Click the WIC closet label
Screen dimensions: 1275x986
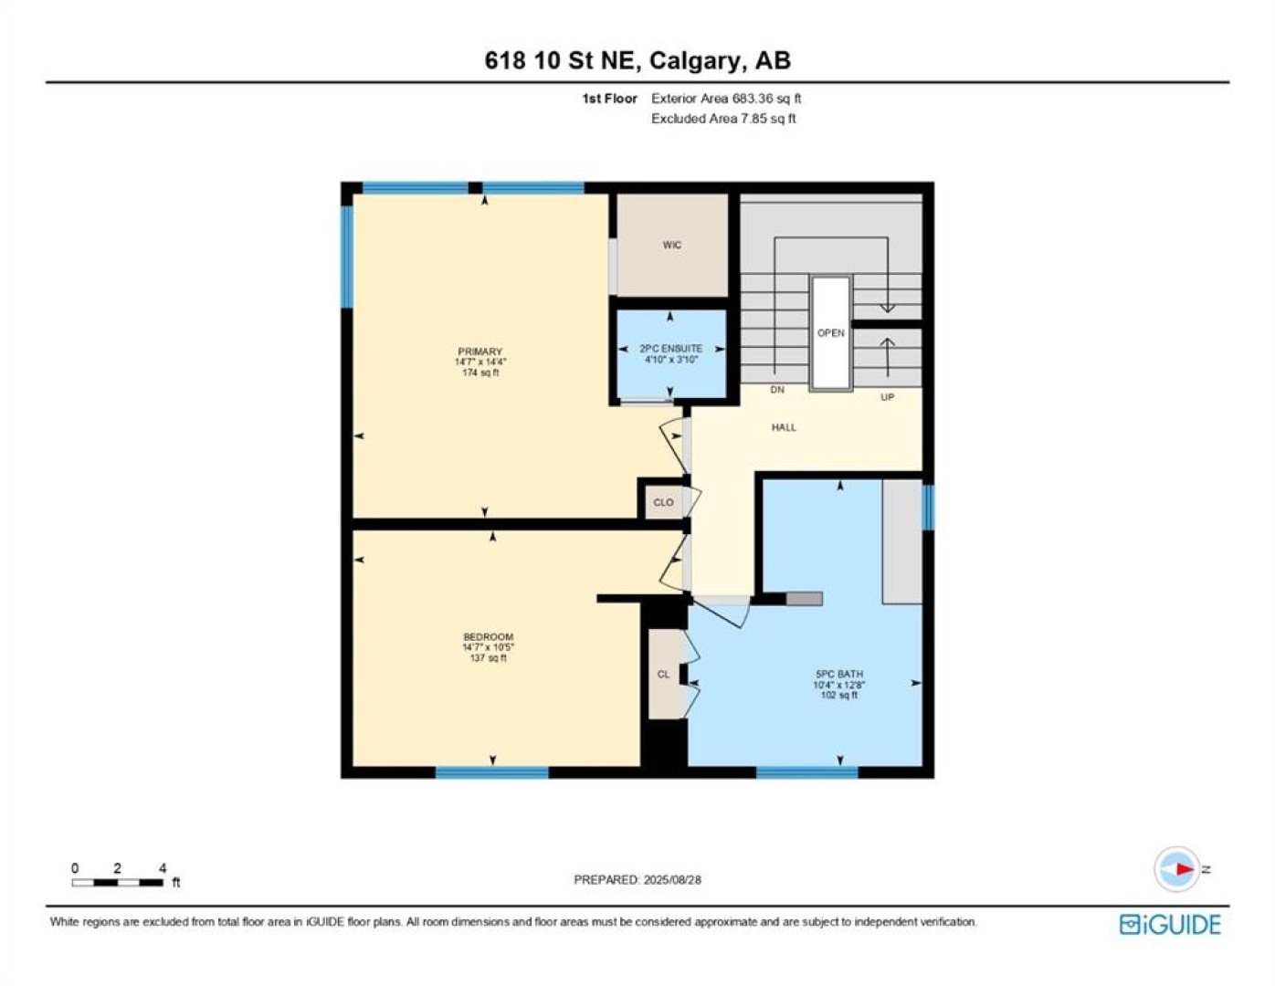[x=672, y=246]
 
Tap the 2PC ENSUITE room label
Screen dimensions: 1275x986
[x=670, y=349]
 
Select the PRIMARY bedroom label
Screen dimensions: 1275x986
[x=480, y=351]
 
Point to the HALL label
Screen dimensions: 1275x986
[x=784, y=427]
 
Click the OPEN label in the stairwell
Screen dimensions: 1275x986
[x=831, y=333]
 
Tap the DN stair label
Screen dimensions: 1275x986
[x=777, y=390]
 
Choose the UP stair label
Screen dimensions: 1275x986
[x=887, y=397]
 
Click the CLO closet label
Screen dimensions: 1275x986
[x=664, y=503]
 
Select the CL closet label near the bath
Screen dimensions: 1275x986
[x=663, y=675]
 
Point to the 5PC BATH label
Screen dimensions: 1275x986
[x=839, y=675]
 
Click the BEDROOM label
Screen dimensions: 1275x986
[x=489, y=637]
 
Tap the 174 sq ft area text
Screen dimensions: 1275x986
[x=480, y=372]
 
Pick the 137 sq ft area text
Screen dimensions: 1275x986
[x=489, y=658]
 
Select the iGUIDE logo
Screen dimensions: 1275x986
[x=1170, y=925]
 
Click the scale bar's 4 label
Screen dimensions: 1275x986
[x=163, y=868]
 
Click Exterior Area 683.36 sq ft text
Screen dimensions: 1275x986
[x=726, y=99]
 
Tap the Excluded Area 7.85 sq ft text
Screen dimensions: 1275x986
[x=723, y=119]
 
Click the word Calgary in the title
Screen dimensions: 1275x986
[x=694, y=61]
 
